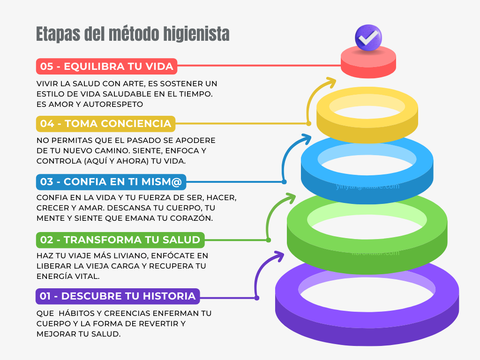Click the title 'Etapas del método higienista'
tap(133, 34)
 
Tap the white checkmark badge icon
tap(368, 37)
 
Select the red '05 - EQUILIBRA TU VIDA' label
tap(106, 67)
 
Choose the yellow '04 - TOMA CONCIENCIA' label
tap(105, 124)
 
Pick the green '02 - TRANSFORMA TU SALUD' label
tap(120, 240)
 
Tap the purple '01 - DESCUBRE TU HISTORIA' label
tap(117, 296)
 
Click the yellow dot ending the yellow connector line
tap(308, 124)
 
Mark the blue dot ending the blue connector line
tap(284, 181)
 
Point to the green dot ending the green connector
tap(269, 240)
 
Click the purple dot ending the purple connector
tap(256, 297)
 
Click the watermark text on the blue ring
tap(367, 186)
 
